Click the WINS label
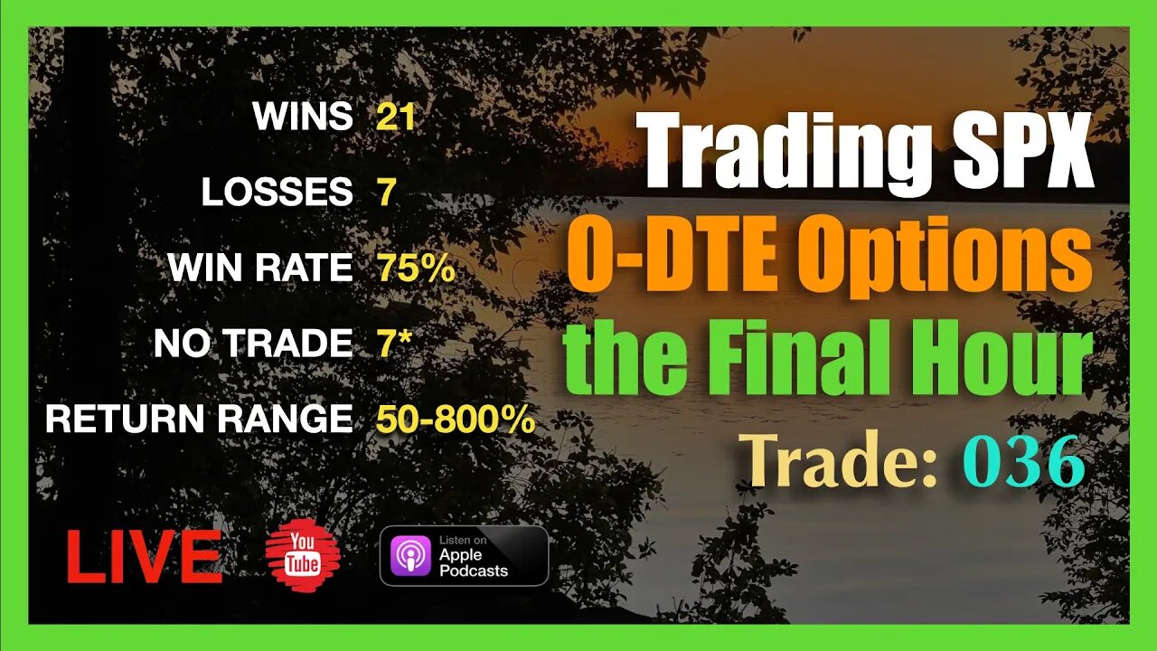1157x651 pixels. (x=303, y=117)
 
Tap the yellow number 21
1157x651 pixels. (x=395, y=117)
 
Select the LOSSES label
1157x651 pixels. (x=277, y=193)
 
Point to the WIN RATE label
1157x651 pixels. (x=260, y=269)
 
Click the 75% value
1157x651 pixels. (x=415, y=269)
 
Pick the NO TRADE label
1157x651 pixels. (x=253, y=344)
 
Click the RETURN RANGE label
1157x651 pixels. (x=199, y=419)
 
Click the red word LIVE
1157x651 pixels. (x=145, y=557)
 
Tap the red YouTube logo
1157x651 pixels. (x=303, y=556)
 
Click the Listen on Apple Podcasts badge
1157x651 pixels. (x=464, y=555)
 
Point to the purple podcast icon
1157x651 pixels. (x=410, y=555)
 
